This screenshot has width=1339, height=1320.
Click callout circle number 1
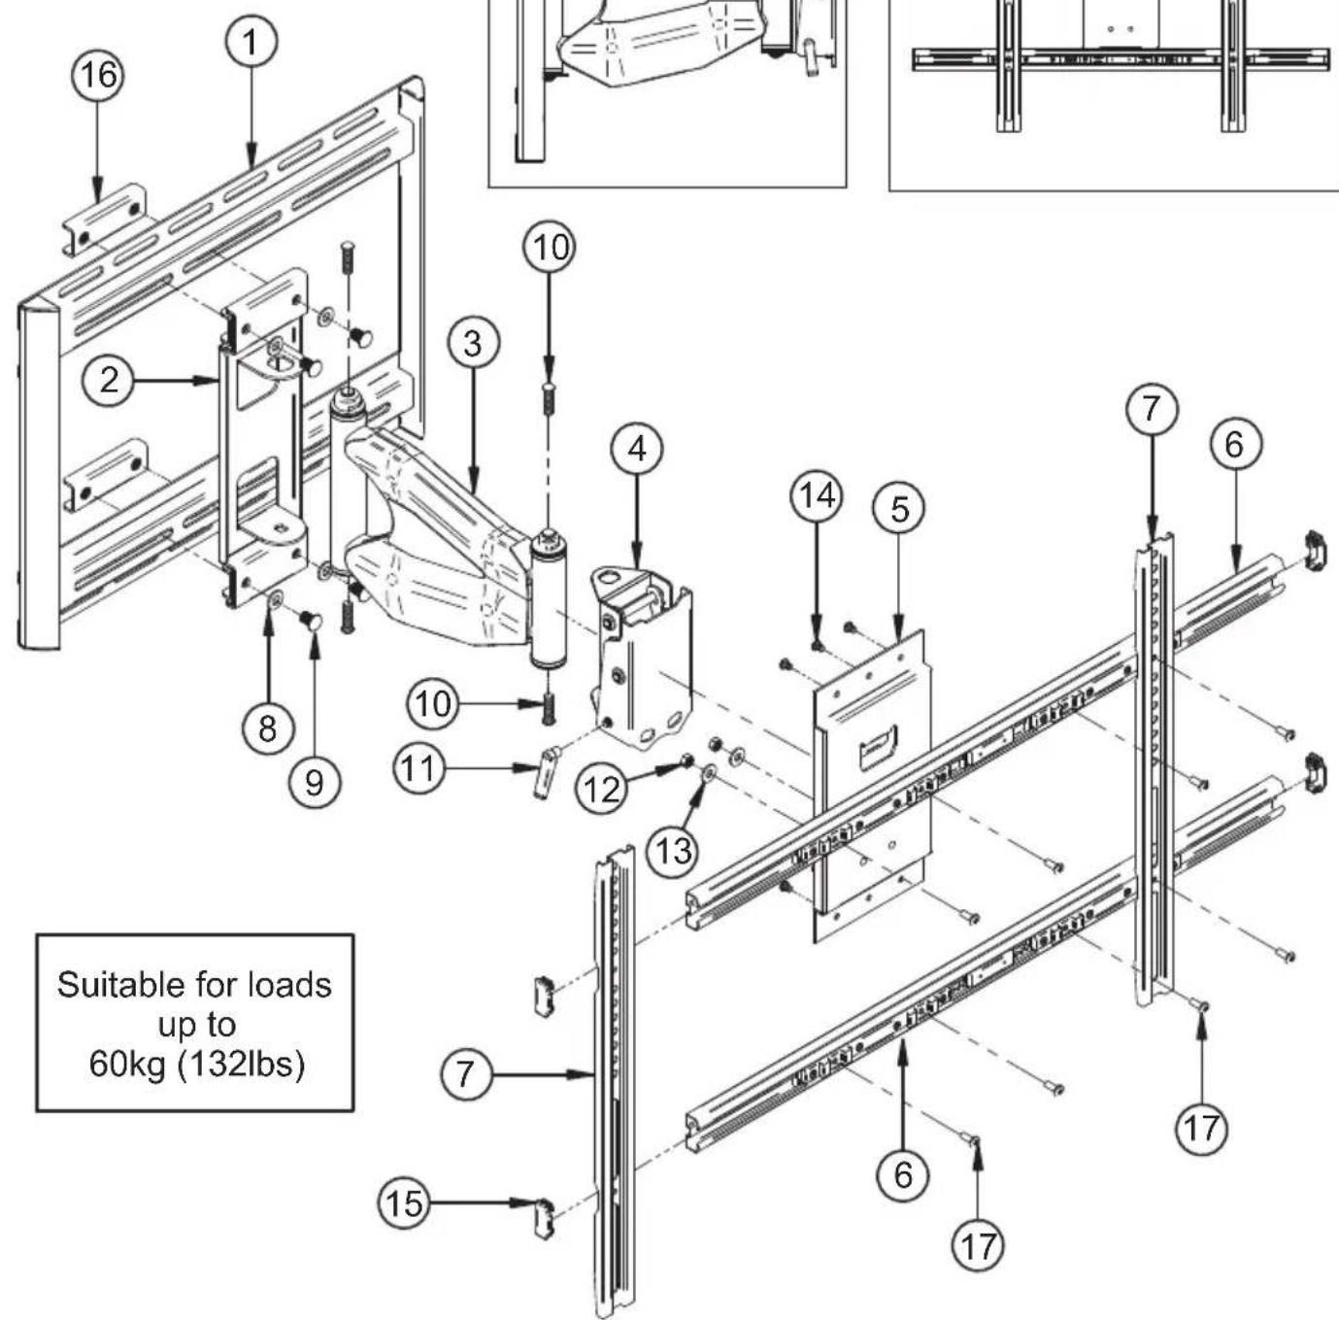point(251,43)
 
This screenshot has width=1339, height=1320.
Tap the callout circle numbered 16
point(99,75)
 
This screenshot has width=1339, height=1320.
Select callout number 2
point(109,381)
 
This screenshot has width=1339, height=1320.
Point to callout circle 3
point(473,344)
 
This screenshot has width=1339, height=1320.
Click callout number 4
point(637,450)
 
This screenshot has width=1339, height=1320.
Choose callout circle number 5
point(899,509)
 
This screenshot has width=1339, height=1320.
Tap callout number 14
point(817,496)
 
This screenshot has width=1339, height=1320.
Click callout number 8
point(268,729)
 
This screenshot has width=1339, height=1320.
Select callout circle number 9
point(314,783)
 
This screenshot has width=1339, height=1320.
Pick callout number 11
point(419,768)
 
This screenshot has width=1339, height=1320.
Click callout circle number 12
point(602,789)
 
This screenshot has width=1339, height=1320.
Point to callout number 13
point(673,851)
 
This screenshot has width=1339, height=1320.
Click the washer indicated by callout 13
point(709,773)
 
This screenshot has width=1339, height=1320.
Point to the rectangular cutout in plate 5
point(878,748)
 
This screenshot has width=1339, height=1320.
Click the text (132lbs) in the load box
point(242,1065)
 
